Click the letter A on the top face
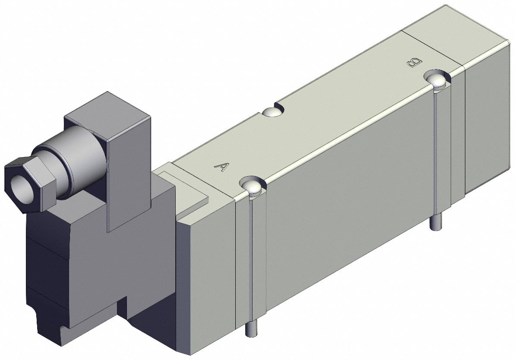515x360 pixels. pyautogui.click(x=221, y=167)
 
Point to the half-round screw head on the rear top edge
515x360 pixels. pyautogui.click(x=272, y=112)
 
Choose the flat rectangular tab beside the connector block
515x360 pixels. pyautogui.click(x=186, y=190)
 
